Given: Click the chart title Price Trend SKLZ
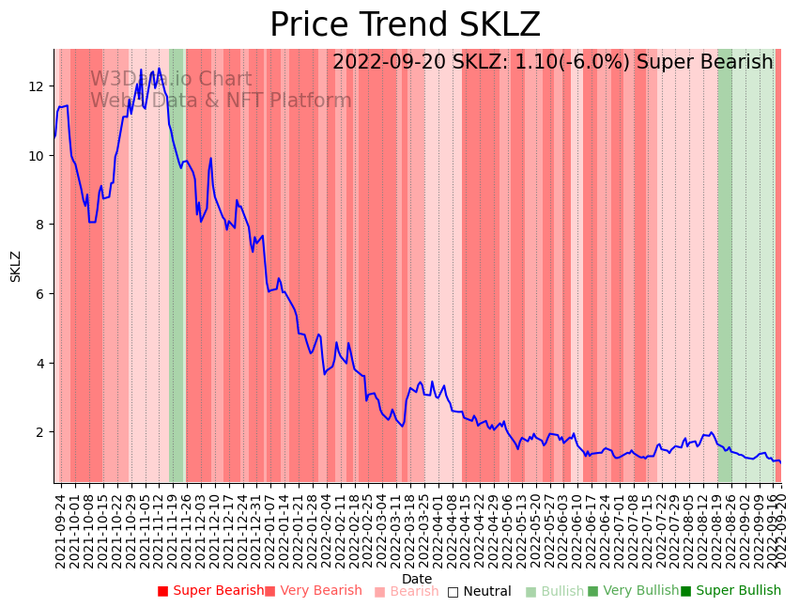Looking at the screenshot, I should tap(405, 25).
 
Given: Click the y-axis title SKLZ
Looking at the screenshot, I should tap(16, 266).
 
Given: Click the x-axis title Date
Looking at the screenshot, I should tap(417, 579).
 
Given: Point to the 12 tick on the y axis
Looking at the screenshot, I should tap(37, 86).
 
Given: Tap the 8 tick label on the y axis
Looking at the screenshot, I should tap(40, 225).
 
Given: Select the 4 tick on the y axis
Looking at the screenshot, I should tap(40, 363).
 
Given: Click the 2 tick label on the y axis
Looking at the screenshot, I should tap(40, 432).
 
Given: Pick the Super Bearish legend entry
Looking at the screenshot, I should tap(211, 591).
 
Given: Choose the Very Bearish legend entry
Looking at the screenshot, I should tap(313, 591).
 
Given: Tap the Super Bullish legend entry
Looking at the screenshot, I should tap(730, 591).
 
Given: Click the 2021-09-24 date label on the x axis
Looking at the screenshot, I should tap(60, 530).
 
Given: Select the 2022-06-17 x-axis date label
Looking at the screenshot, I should tap(592, 530).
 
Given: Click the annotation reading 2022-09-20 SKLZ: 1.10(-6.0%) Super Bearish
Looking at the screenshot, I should tap(552, 63).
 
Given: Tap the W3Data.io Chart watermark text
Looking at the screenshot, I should tap(171, 80).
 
